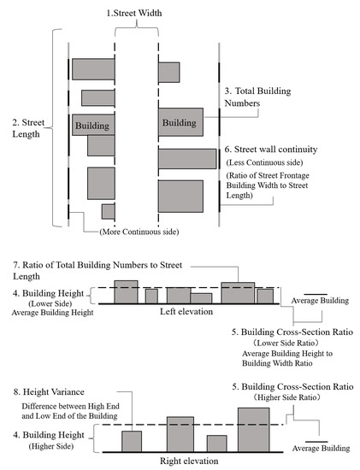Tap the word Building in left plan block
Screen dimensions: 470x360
(92, 126)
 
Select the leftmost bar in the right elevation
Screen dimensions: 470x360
(132, 441)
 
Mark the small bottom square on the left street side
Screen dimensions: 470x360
(108, 211)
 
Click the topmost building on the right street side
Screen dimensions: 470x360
(168, 72)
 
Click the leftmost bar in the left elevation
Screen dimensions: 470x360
(126, 291)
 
